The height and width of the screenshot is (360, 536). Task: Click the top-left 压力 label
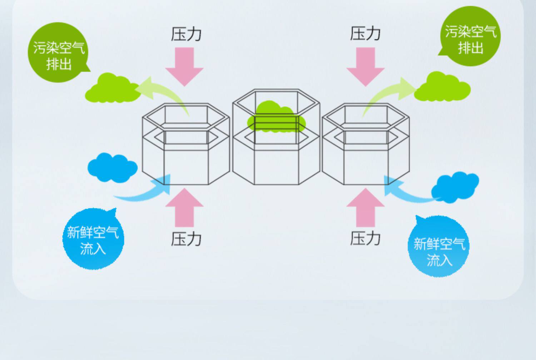(186, 34)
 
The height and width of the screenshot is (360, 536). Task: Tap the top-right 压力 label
(365, 34)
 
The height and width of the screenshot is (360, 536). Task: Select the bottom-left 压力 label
(186, 238)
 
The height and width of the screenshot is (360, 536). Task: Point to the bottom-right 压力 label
(365, 238)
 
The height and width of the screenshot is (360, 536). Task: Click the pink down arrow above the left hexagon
(184, 66)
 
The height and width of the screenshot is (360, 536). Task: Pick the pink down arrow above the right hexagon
(366, 66)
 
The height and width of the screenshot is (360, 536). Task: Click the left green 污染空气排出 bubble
(59, 54)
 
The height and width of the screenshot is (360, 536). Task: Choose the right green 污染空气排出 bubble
(470, 38)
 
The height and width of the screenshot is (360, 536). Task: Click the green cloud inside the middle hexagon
(276, 116)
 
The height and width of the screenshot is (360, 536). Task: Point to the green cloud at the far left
(111, 89)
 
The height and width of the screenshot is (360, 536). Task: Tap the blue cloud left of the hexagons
(112, 167)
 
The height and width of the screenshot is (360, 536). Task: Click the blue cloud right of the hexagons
(455, 187)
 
